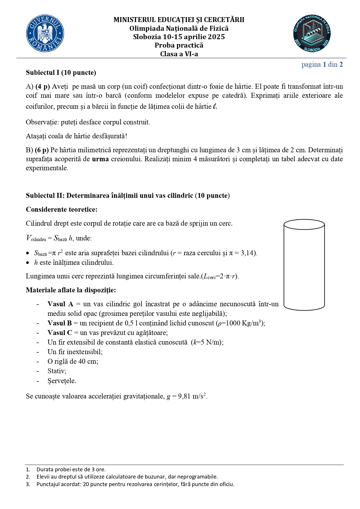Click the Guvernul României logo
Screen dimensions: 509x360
point(45,34)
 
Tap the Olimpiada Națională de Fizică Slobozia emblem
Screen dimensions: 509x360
point(312,34)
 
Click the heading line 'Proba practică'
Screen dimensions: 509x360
point(179,45)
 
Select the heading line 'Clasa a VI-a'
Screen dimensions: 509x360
point(179,54)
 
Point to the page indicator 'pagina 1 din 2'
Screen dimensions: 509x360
point(322,64)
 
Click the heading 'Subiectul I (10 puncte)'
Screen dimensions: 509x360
point(61,73)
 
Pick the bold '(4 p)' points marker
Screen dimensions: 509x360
point(43,86)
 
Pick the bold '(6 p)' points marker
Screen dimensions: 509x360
point(42,150)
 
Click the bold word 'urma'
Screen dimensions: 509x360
point(100,159)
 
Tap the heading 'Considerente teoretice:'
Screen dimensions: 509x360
point(61,209)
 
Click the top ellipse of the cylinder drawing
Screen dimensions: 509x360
point(304,224)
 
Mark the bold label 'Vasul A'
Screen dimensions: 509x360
point(60,304)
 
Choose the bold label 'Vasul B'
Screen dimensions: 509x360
point(59,323)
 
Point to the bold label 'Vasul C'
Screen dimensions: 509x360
point(60,333)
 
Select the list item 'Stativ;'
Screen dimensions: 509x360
point(57,371)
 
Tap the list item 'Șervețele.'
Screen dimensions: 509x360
point(62,381)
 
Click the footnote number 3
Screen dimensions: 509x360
point(28,484)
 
